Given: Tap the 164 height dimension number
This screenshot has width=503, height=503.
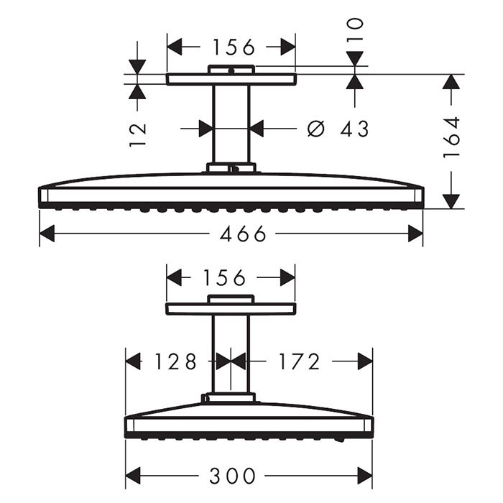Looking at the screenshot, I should (x=452, y=137).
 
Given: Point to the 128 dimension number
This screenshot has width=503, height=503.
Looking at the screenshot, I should (x=175, y=361).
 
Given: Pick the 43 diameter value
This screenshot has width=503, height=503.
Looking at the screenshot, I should (x=354, y=129).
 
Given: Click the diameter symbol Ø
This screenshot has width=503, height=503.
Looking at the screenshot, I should (x=315, y=129).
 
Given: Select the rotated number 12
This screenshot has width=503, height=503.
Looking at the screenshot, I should (x=138, y=134).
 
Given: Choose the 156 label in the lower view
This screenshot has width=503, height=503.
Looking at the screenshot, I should (x=225, y=277).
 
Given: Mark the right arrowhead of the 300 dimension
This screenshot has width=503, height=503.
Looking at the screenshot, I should (x=365, y=476).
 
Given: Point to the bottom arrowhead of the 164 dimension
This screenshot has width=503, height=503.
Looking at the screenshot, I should (x=451, y=200).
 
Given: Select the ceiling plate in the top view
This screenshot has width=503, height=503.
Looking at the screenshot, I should (x=231, y=79).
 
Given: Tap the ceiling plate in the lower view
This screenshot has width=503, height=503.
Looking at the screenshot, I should (x=231, y=309).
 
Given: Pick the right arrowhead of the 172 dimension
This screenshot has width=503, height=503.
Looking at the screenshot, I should (x=365, y=361).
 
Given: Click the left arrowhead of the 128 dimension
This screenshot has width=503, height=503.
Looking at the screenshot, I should (x=134, y=361).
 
